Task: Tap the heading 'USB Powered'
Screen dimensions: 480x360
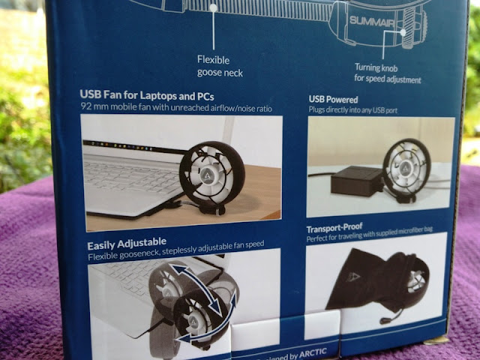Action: [333, 98]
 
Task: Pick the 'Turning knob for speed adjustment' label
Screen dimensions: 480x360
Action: [387, 73]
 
